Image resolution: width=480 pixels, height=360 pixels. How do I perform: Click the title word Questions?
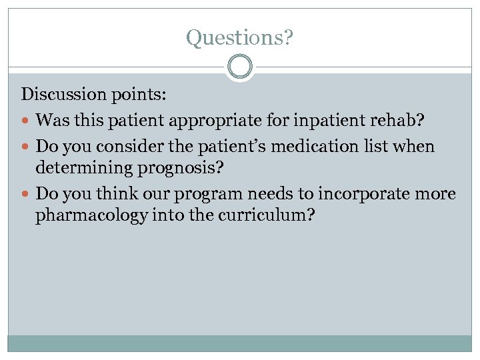tap(239, 38)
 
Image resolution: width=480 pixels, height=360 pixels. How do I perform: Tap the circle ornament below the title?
tap(239, 67)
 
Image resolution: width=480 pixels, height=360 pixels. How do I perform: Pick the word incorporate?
tap(365, 194)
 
